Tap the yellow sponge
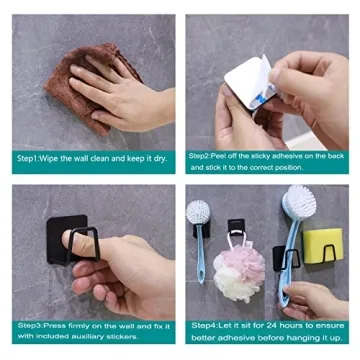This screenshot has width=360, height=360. [322, 246]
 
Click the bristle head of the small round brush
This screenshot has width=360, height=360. [198, 212]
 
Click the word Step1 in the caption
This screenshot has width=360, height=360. [27, 159]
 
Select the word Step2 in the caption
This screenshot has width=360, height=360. [199, 156]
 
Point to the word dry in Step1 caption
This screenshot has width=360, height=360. [159, 159]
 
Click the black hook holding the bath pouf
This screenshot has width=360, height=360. [236, 227]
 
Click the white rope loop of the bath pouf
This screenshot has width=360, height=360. [236, 239]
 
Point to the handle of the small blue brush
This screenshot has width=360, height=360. [200, 253]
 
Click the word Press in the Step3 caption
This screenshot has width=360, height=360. [52, 325]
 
